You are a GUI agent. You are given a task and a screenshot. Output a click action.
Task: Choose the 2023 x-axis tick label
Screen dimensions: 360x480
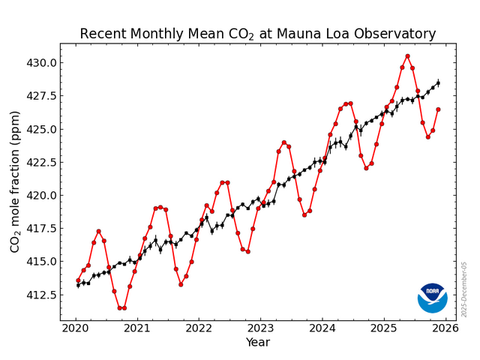click(260, 328)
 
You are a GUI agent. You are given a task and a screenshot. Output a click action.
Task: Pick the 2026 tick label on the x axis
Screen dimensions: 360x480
click(445, 328)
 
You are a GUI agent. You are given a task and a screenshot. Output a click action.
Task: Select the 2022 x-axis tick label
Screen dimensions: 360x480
click(199, 328)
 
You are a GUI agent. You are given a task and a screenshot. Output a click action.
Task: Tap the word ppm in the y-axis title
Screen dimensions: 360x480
click(15, 127)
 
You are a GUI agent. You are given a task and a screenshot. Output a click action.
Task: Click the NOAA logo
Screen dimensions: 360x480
click(432, 298)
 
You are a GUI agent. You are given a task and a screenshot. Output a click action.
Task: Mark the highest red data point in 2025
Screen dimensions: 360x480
click(407, 56)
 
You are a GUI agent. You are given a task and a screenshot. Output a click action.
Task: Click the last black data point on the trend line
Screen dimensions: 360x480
click(438, 83)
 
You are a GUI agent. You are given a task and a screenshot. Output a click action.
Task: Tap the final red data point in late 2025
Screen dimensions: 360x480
click(438, 109)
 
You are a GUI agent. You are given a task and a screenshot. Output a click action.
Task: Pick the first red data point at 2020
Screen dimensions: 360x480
click(78, 280)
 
